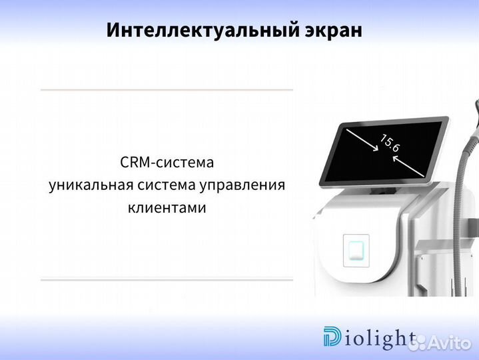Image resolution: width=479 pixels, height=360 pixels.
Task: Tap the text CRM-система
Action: [167, 162]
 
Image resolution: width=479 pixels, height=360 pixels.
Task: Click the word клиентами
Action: [167, 207]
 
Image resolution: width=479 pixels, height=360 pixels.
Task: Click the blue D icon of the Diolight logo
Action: [331, 337]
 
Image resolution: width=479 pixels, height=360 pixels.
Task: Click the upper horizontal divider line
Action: [167, 89]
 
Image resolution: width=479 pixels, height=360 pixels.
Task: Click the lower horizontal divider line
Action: [167, 280]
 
